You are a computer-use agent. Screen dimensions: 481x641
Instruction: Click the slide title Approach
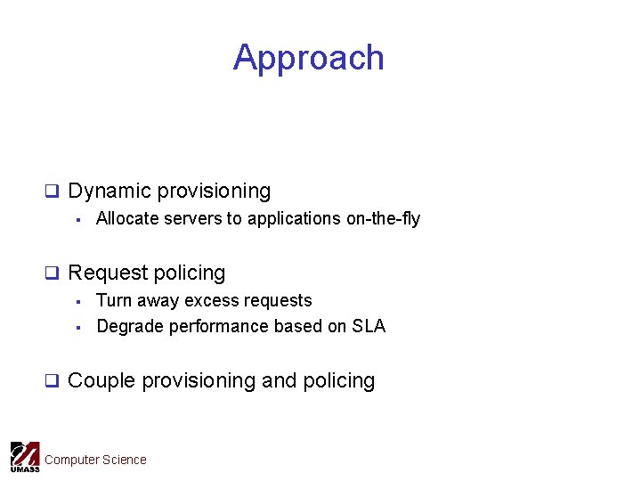pyautogui.click(x=308, y=58)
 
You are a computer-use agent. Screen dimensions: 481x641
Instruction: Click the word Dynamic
pyautogui.click(x=109, y=191)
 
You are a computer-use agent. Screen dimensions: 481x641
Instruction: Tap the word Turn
pyautogui.click(x=114, y=300)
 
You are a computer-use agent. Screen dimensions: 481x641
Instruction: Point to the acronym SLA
pyautogui.click(x=369, y=326)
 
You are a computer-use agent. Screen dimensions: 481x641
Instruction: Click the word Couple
pyautogui.click(x=101, y=380)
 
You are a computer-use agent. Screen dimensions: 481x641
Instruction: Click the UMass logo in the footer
pyautogui.click(x=24, y=457)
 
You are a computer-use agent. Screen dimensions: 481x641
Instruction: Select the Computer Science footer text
pyautogui.click(x=95, y=460)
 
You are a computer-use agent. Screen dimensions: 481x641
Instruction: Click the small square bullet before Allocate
pyautogui.click(x=78, y=219)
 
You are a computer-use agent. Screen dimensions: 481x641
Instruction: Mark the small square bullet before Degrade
pyautogui.click(x=78, y=327)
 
